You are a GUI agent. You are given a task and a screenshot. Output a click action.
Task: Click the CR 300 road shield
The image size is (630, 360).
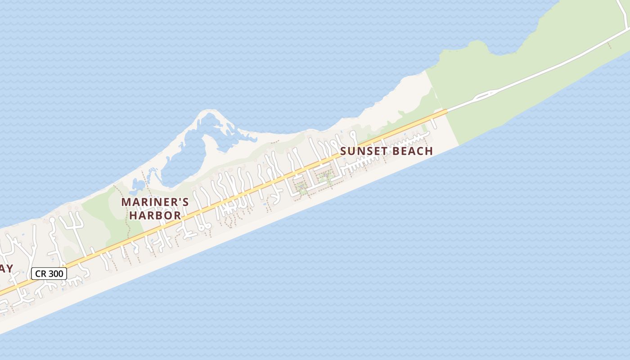49,274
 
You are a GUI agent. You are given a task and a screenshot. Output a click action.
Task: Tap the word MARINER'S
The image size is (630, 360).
155,202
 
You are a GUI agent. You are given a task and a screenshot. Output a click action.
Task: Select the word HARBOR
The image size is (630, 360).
155,216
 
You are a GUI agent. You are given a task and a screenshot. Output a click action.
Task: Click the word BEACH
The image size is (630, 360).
410,151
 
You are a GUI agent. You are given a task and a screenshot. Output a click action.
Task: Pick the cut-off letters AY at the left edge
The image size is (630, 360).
6,269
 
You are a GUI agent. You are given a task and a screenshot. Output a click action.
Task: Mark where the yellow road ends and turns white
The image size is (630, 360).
446,110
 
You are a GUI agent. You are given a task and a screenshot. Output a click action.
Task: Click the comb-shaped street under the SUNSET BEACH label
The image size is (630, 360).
360,167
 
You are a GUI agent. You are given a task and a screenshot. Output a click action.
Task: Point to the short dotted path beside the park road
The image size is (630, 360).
610,46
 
